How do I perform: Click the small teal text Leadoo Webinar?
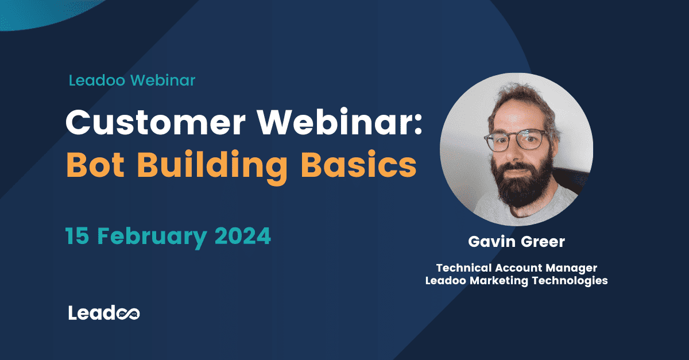click(132, 80)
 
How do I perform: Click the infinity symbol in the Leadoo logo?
click(129, 313)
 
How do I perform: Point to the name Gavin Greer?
click(516, 242)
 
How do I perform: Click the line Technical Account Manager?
click(517, 268)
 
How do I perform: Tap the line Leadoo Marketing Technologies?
click(516, 281)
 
